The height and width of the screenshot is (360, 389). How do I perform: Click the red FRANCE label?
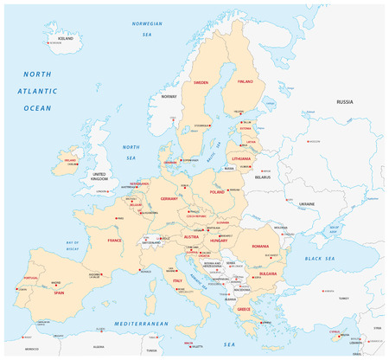pos(114,240)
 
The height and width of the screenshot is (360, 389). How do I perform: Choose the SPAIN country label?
pos(60,292)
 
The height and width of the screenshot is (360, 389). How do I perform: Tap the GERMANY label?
pos(169,198)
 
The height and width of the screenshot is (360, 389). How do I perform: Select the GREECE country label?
pos(244,309)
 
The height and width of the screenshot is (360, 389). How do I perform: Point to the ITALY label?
pos(176,280)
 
